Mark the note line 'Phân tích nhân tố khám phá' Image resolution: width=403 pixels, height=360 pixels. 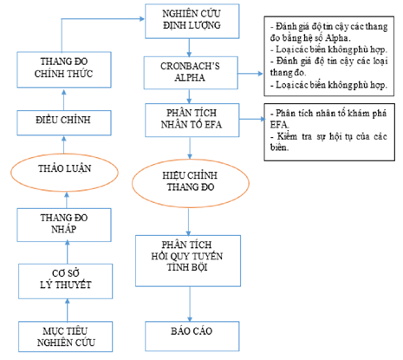pos(328,114)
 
